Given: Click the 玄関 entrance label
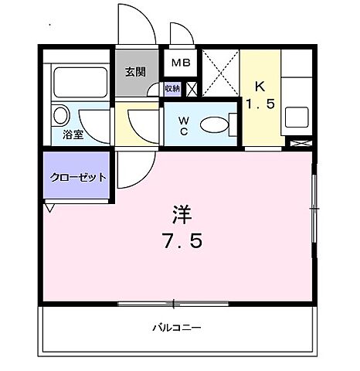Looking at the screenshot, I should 135,72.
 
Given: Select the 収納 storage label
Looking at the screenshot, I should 173,89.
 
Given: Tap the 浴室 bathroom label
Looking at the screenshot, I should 73,134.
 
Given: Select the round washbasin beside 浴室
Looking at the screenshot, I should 60,117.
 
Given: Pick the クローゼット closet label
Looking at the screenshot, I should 77,177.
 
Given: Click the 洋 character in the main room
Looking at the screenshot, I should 179,210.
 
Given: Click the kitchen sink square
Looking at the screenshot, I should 297,117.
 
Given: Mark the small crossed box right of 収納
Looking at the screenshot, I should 192,89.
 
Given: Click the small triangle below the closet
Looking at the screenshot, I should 49,207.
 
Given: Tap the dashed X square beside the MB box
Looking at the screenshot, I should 220,75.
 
